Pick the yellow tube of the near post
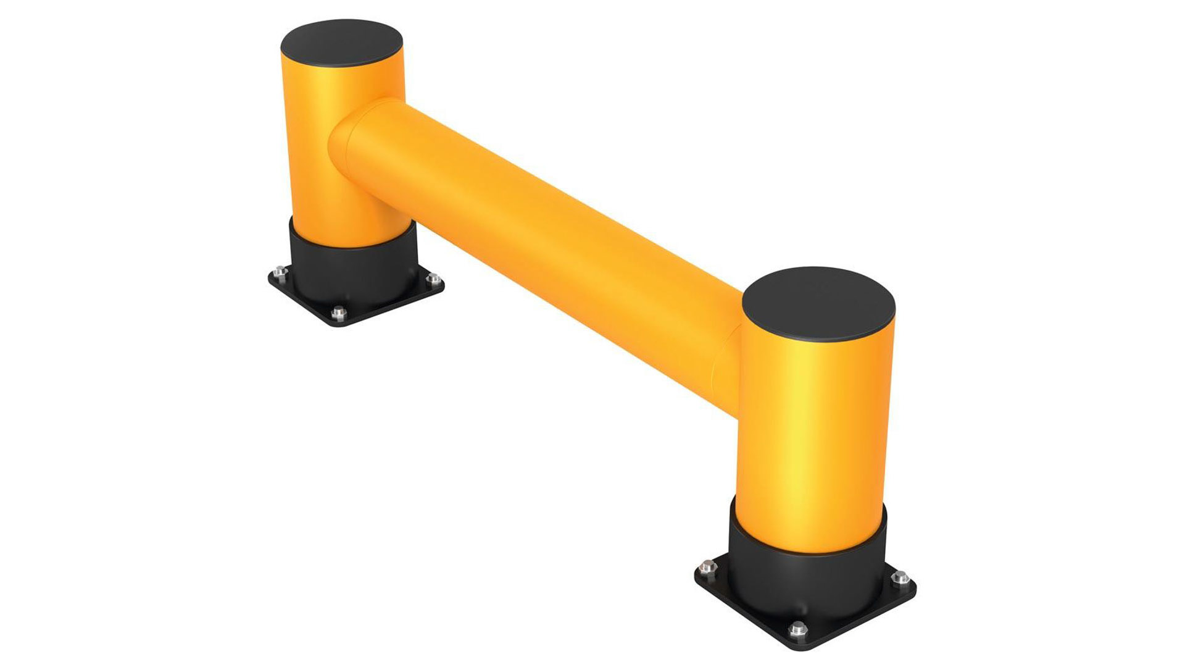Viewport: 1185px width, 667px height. [x=815, y=432]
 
